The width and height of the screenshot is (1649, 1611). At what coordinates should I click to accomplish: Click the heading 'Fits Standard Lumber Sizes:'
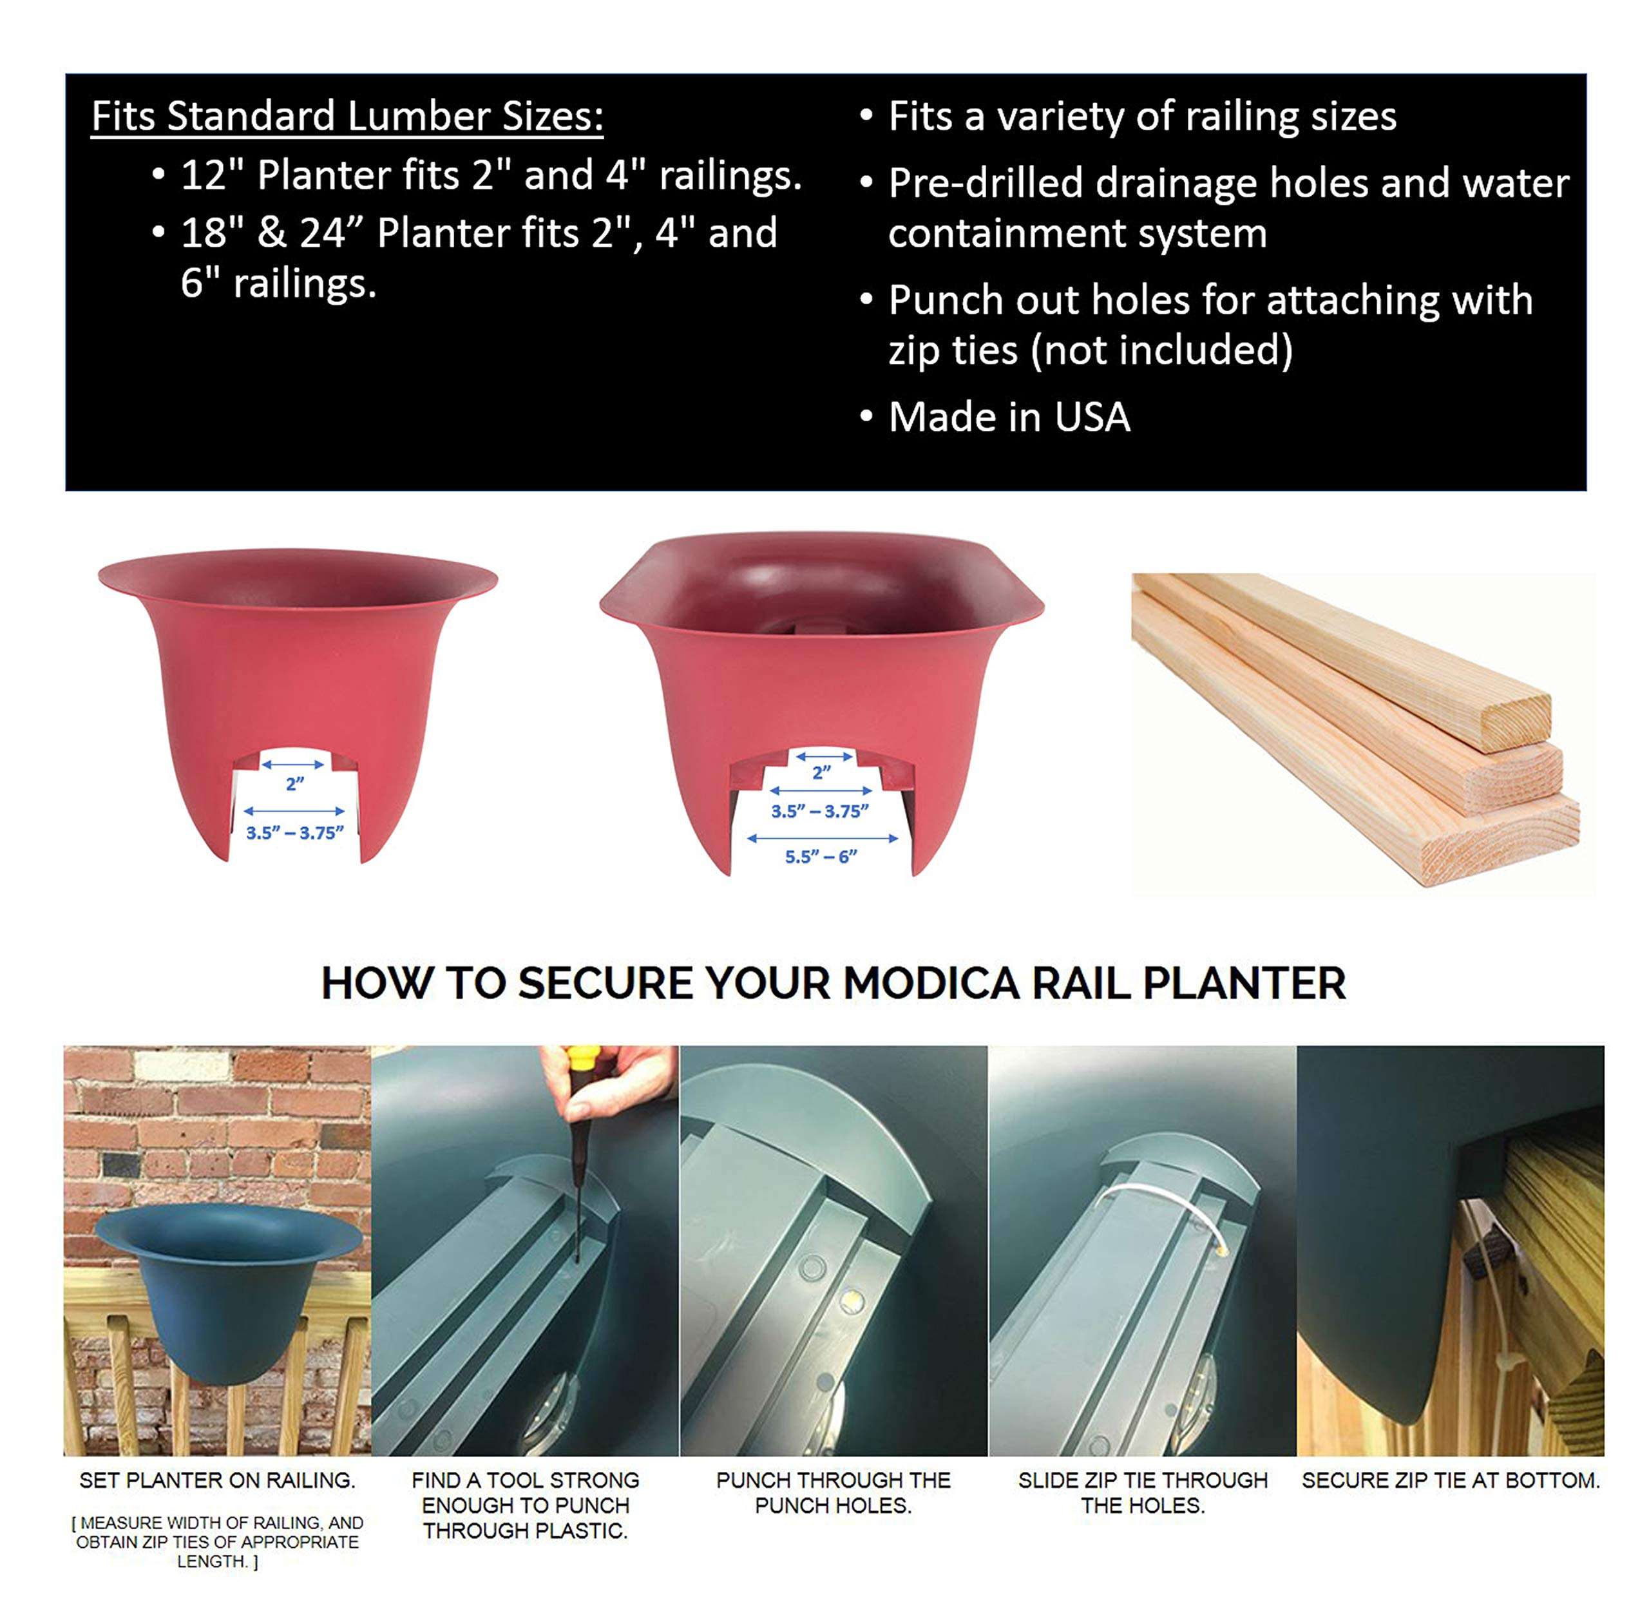[x=347, y=117]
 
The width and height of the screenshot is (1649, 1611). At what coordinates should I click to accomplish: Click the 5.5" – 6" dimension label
[x=821, y=856]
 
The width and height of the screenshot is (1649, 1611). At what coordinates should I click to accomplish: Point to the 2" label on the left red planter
[x=294, y=783]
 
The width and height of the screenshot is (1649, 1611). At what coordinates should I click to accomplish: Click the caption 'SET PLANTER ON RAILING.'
[x=218, y=1480]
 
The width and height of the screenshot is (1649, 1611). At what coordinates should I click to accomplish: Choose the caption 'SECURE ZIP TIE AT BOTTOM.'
[x=1450, y=1480]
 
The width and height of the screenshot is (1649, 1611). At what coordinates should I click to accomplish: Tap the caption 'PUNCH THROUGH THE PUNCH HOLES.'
[x=834, y=1492]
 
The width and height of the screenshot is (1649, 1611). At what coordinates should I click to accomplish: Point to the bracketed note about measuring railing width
[x=218, y=1541]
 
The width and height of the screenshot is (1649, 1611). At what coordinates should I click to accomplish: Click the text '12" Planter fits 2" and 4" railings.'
[x=491, y=175]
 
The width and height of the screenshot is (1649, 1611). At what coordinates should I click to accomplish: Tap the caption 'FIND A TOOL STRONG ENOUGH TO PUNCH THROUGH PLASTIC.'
[x=526, y=1505]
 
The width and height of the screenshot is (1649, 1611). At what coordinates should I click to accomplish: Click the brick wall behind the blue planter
[x=218, y=1125]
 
